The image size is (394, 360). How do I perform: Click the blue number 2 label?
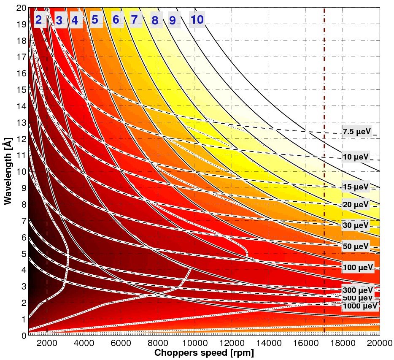pos(38,19)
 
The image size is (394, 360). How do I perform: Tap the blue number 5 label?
pos(94,19)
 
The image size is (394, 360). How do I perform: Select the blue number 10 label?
pos(197,19)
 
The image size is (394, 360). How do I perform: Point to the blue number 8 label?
pos(155,20)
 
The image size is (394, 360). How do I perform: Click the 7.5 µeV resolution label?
pos(357,132)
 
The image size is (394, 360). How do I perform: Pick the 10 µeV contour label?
pos(356,157)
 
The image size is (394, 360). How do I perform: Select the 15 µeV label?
pos(356,187)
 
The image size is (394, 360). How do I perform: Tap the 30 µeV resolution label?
pos(356,225)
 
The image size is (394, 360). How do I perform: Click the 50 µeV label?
pos(356,246)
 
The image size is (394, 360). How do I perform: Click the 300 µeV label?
pos(358,290)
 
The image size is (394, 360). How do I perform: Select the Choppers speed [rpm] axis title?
pos(204,353)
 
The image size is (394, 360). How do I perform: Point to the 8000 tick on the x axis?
pos(158,343)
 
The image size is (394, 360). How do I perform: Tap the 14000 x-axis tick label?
pos(269,343)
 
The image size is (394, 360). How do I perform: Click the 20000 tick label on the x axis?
pos(380,343)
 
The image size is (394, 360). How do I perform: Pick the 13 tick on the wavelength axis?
pos(22,123)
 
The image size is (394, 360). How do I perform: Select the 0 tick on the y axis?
pos(24,336)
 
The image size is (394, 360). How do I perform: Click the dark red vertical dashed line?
pos(324,171)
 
